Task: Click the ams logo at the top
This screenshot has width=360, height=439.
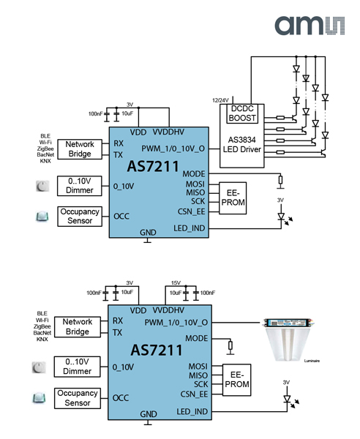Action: (308, 26)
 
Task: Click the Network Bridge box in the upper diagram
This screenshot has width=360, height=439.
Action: (79, 149)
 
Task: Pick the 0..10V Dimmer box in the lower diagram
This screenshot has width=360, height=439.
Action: (78, 367)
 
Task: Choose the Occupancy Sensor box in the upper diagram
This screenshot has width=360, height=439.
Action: (78, 216)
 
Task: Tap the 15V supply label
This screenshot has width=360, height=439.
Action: (176, 283)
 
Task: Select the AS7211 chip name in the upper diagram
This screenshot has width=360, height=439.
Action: (153, 168)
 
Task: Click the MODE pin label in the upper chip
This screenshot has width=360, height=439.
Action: (194, 173)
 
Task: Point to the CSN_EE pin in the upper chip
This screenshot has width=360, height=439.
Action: (190, 211)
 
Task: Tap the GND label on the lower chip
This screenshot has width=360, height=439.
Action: (149, 414)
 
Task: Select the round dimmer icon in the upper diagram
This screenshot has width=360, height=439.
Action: (41, 187)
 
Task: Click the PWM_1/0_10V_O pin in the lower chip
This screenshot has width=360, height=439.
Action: (176, 321)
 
